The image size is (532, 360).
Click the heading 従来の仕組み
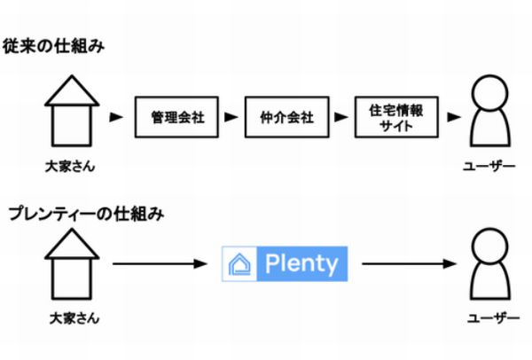(53, 46)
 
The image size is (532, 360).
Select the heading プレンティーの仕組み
(87, 214)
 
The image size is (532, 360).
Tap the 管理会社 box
(176, 117)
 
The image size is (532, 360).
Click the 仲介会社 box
(286, 117)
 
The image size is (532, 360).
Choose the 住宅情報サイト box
(396, 117)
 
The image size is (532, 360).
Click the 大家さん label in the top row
(70, 167)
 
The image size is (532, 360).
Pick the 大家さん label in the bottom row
(74, 318)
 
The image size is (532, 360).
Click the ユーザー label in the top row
(489, 167)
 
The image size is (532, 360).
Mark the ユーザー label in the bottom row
(494, 318)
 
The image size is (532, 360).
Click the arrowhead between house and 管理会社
(116, 117)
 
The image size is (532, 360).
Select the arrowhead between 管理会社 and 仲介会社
(231, 117)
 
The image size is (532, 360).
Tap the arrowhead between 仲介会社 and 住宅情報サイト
(341, 117)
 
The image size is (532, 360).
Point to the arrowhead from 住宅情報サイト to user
(454, 117)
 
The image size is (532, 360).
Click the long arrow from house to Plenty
(160, 263)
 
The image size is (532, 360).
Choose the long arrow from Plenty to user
(410, 263)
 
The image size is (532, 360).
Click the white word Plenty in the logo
(301, 264)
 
